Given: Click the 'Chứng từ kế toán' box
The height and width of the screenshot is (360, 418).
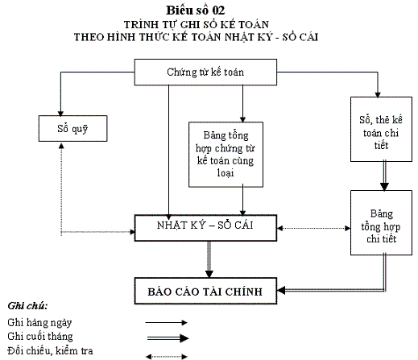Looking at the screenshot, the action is click(205, 72).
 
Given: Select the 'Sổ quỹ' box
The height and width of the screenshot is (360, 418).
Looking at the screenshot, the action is click(72, 129).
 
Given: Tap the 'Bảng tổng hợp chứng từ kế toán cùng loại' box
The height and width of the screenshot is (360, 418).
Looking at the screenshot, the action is click(226, 155).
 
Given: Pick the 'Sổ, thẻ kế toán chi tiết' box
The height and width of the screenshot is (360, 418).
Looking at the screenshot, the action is click(381, 129).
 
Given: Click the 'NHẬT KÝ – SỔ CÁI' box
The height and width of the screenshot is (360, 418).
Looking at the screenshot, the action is click(205, 228).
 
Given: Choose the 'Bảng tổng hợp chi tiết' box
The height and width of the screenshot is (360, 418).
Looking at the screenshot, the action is click(381, 222).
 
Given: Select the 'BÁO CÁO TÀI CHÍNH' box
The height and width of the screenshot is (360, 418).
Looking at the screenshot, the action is click(205, 291).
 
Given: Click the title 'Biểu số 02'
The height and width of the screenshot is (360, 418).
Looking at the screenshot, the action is click(195, 10).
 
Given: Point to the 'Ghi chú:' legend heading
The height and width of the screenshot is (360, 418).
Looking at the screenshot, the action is click(27, 306).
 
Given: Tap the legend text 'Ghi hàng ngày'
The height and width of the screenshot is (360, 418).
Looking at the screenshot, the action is click(39, 322).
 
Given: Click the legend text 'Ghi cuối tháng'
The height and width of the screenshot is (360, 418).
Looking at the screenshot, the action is click(40, 337).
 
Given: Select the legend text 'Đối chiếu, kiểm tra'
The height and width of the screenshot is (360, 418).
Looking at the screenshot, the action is click(50, 350).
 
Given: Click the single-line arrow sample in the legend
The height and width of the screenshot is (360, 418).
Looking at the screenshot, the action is click(166, 322).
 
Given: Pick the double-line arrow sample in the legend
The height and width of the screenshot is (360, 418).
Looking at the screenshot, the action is click(168, 338).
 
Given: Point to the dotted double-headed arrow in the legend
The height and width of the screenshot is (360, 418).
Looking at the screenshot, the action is click(167, 357).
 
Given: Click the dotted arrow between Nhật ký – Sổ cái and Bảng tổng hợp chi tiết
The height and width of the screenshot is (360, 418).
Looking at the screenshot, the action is click(313, 228).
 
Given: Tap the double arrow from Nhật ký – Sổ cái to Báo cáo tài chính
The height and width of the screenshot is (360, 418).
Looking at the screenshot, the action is click(209, 259).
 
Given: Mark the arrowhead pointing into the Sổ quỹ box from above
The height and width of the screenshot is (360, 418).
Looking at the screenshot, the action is click(60, 114).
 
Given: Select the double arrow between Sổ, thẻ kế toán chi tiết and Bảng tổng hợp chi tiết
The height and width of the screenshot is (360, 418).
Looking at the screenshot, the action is click(384, 176).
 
